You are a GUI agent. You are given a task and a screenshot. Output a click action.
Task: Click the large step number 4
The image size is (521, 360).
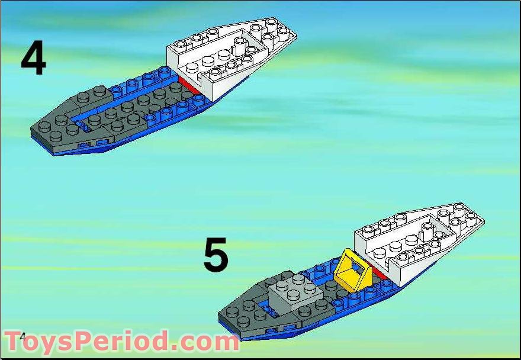coord(34,58)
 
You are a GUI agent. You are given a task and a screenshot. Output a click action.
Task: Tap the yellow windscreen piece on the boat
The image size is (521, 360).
coord(353,269)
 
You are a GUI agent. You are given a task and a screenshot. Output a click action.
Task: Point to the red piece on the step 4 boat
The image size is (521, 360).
coord(189,85)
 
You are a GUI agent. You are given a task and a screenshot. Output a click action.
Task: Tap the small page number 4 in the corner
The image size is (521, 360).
coord(22,337)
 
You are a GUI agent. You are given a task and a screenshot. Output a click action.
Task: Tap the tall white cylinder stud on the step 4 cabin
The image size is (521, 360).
coord(239,46)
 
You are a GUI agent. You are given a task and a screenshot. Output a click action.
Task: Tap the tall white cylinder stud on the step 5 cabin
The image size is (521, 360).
coord(427,232)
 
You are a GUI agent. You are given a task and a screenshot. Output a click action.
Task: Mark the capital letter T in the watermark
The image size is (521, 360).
coord(12,340)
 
